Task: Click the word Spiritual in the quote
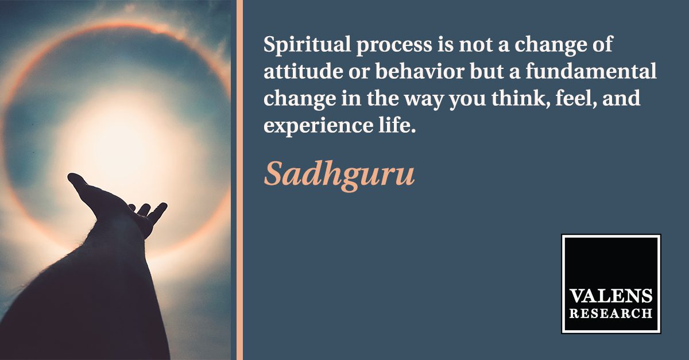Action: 307,45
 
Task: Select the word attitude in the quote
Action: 303,71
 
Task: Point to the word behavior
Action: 420,71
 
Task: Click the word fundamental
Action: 591,71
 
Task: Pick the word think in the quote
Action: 521,98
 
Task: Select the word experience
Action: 318,127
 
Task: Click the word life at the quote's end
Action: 397,125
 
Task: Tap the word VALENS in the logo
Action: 610,296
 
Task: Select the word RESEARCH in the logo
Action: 610,313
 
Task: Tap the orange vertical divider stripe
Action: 239,180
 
